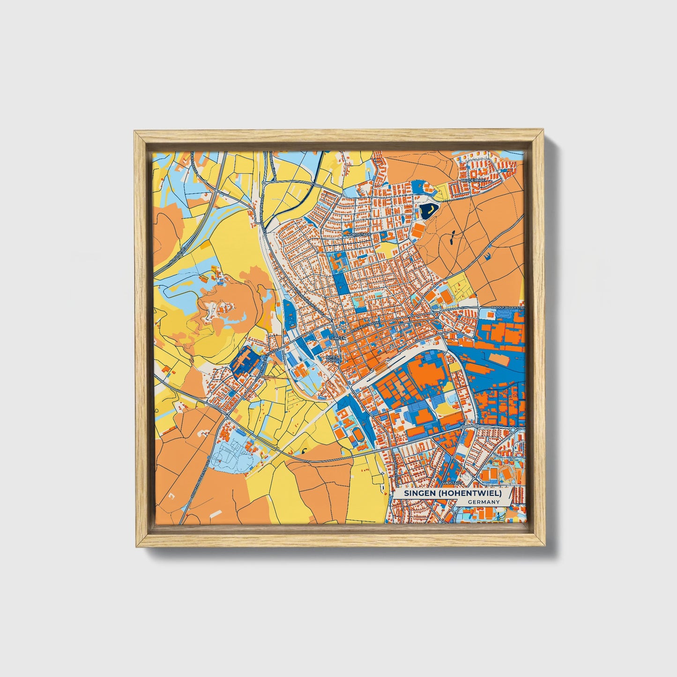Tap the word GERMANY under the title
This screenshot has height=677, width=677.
click(483, 502)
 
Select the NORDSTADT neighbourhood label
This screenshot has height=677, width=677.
click(359, 234)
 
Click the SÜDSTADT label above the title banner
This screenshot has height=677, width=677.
click(455, 483)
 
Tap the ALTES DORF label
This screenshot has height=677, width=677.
click(332, 359)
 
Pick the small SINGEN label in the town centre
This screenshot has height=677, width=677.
click(338, 337)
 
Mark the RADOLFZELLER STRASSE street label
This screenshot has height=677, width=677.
click(507, 307)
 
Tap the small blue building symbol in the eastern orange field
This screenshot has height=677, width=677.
click(488, 255)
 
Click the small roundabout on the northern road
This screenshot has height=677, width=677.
click(264, 182)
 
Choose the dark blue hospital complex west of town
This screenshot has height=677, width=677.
click(244, 362)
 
